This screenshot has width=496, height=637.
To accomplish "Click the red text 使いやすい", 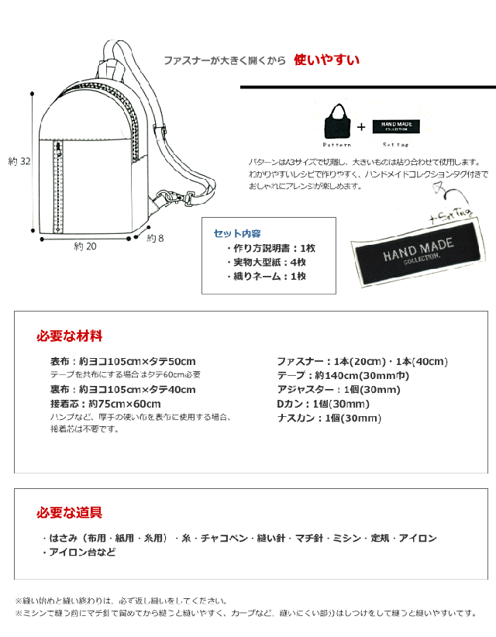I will click(x=326, y=60).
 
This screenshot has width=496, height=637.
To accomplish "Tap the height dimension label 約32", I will click(x=19, y=161).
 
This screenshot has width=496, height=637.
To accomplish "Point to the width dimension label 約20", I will click(x=85, y=246).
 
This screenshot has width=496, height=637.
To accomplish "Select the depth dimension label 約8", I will click(x=155, y=239).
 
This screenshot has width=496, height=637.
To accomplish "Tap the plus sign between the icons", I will click(x=360, y=126).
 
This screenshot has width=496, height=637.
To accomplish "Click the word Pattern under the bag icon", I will click(x=337, y=145).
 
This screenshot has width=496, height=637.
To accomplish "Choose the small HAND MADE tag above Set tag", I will click(x=395, y=127).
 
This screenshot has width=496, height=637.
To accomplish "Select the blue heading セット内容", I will click(x=236, y=233).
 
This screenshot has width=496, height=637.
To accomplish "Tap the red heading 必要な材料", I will click(x=69, y=336).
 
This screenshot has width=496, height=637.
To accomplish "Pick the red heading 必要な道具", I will click(x=69, y=512).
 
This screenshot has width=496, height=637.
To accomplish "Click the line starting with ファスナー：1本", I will click(x=362, y=361).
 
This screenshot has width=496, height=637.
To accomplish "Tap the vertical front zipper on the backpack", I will click(x=56, y=186).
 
